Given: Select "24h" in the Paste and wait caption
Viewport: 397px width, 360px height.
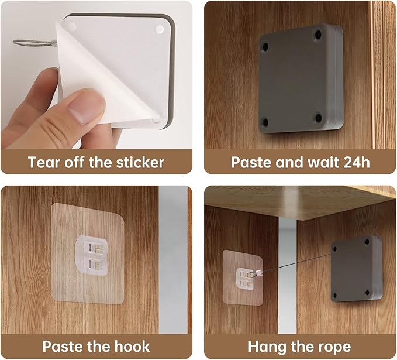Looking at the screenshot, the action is [x=357, y=162].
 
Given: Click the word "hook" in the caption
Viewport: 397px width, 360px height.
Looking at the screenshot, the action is [x=132, y=347].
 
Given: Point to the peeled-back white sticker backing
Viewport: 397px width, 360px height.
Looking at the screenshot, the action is [x=101, y=76].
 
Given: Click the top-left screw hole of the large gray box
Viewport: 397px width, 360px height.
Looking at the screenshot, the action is [x=265, y=47].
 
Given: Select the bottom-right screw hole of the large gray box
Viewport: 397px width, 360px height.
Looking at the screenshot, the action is [x=318, y=118].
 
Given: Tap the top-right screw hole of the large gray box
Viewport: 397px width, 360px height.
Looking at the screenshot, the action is [x=317, y=34].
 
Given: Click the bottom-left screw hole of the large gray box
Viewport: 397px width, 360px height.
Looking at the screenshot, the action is [x=265, y=123].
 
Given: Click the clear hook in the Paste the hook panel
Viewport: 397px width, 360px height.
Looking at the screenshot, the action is [x=91, y=255].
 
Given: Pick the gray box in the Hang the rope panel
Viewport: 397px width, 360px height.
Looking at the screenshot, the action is [x=357, y=269].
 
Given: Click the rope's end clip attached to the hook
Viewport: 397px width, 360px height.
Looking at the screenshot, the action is [x=259, y=273].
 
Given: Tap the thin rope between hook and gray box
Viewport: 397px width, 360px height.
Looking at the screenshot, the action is [x=296, y=263].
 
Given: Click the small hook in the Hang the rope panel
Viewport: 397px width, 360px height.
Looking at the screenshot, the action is [x=244, y=279].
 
